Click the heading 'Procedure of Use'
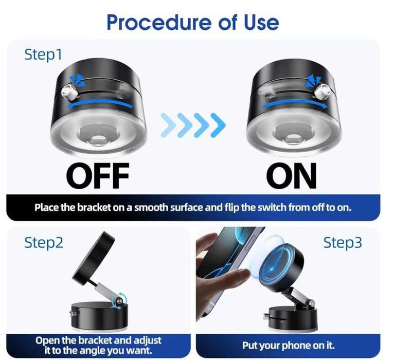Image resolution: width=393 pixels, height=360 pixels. click(x=192, y=22)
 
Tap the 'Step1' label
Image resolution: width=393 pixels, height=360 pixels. click(x=43, y=55)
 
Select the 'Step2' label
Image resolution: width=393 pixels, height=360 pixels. click(x=44, y=243)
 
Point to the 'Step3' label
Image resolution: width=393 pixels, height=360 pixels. click(x=343, y=243)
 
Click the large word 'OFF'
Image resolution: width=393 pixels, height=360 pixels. click(x=98, y=175)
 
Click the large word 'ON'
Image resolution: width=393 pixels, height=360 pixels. click(x=292, y=175)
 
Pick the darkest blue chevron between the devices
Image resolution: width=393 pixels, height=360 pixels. click(x=218, y=125)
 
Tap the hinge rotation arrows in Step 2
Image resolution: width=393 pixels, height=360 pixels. click(x=120, y=299)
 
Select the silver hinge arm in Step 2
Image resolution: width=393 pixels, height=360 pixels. click(x=106, y=291)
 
